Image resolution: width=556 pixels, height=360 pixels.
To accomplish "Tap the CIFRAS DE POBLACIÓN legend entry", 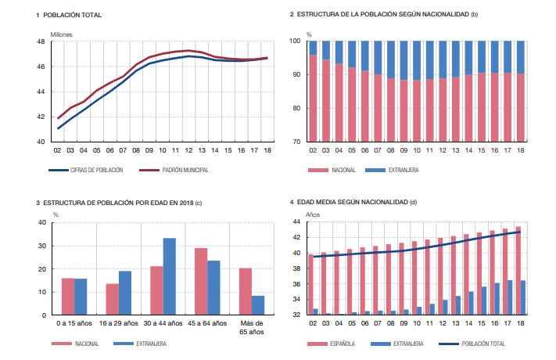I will tap(96, 169).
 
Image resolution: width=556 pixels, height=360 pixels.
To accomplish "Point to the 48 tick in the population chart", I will tap(40, 41).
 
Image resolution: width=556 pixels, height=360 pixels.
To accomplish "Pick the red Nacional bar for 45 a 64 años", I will tap(201, 282).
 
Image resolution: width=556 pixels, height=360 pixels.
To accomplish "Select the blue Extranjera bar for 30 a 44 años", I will tap(169, 276).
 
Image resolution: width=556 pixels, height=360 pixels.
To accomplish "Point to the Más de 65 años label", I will tap(251, 327).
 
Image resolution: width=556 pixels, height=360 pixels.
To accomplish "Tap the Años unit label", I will tap(313, 214).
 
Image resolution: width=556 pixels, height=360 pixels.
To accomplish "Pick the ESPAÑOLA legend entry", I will tap(342, 343).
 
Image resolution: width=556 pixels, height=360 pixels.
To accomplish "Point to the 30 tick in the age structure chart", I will tap(41, 246).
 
